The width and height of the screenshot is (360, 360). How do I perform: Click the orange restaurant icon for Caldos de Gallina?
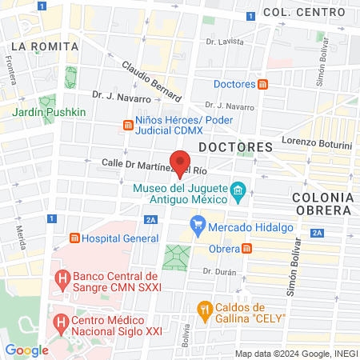tap(204, 308)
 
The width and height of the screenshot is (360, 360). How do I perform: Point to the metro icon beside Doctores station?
tap(263, 84)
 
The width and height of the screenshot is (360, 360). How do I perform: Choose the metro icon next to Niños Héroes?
tap(126, 124)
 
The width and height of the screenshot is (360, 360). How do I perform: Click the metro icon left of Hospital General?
tap(74, 238)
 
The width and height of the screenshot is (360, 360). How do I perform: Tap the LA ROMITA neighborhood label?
tap(45, 46)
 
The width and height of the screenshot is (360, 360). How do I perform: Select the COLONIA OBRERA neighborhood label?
tap(321, 202)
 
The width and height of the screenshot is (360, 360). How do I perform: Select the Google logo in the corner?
tap(26, 350)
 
